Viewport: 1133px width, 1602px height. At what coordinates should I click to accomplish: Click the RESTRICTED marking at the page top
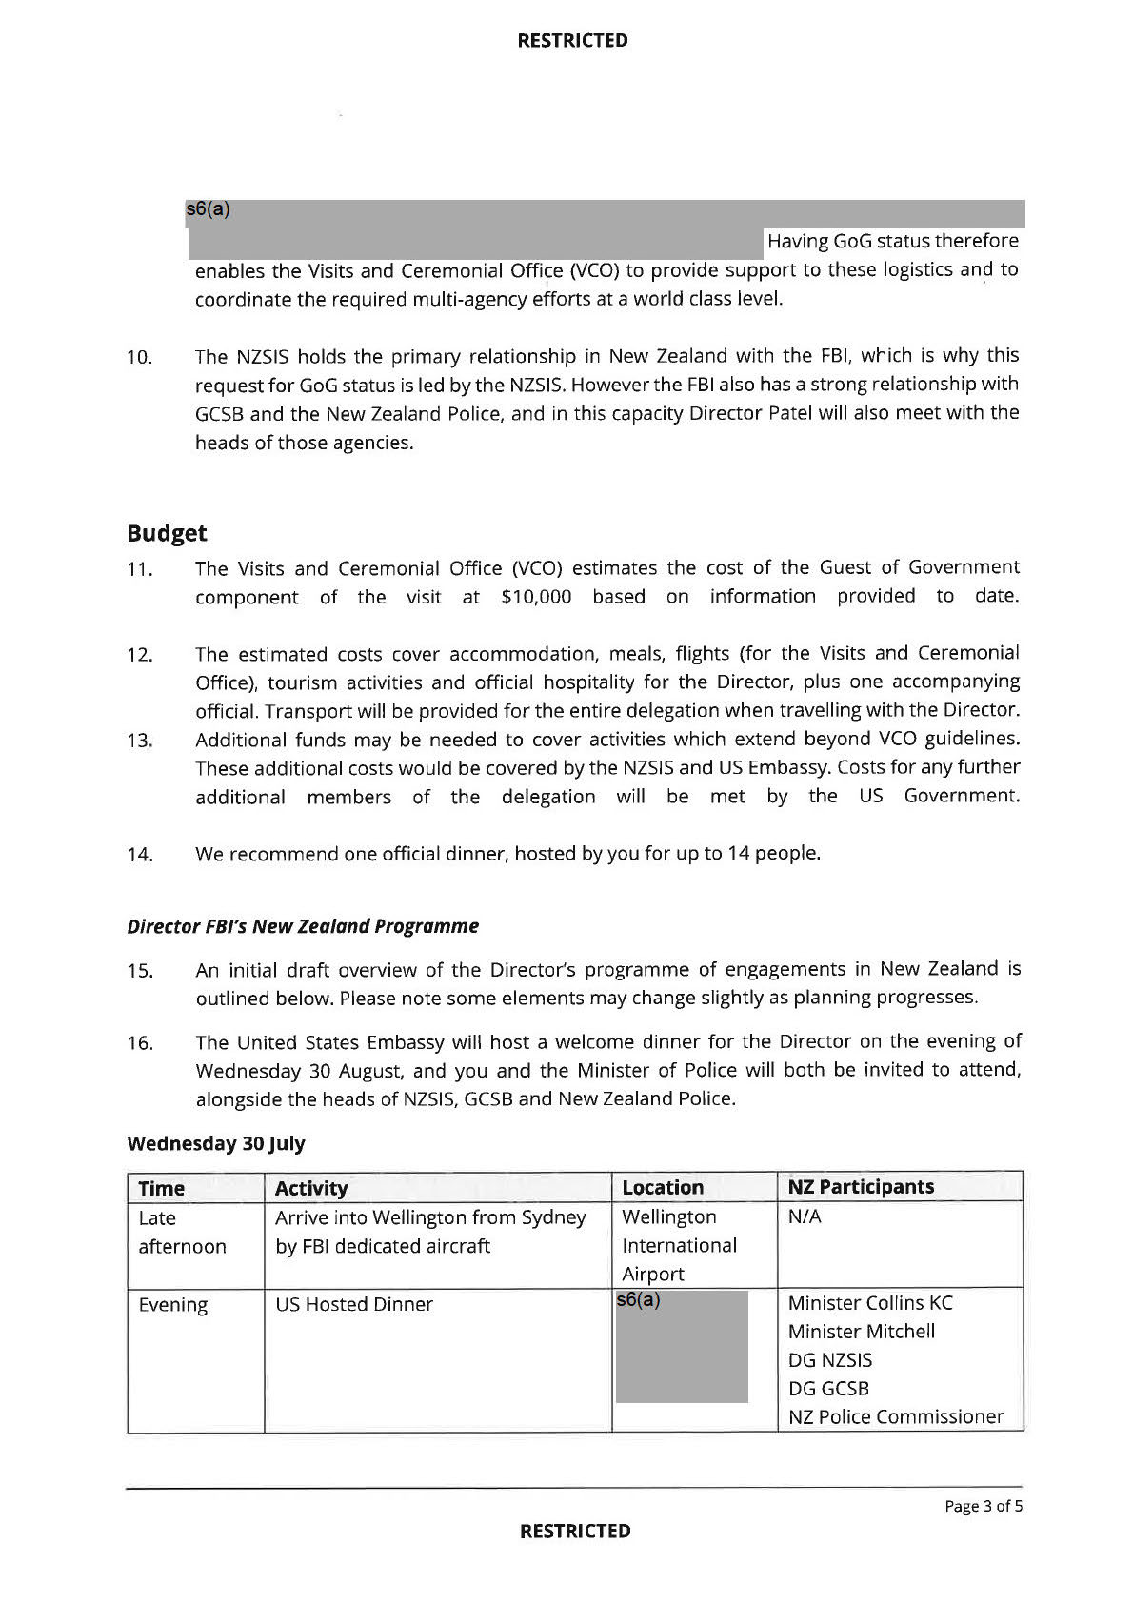click(x=572, y=40)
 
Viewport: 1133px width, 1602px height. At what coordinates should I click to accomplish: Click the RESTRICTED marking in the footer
click(x=574, y=1531)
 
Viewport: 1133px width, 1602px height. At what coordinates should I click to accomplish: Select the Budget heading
click(x=167, y=533)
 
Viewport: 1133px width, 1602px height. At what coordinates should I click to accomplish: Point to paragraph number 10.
click(x=139, y=358)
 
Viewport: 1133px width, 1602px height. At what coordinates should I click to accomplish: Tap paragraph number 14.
click(x=139, y=855)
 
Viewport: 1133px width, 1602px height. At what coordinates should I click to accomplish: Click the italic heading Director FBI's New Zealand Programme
click(x=303, y=926)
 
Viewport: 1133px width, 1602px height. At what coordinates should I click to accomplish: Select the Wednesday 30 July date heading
click(x=216, y=1143)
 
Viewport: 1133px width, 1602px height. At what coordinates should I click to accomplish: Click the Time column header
click(x=162, y=1188)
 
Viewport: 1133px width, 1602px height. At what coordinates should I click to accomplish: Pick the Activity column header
click(x=311, y=1188)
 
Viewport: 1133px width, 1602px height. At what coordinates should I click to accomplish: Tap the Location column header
click(x=663, y=1187)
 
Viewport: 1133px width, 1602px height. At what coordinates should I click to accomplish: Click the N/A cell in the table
click(x=805, y=1217)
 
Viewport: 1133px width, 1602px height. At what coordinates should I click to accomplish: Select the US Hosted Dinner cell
click(x=354, y=1304)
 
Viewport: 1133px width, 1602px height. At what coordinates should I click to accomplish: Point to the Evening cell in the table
click(x=172, y=1304)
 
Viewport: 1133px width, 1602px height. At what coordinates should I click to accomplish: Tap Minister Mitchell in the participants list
click(x=861, y=1332)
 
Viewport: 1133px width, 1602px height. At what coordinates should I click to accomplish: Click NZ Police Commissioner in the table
click(x=895, y=1416)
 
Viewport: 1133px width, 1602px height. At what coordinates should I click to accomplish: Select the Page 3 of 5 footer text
click(x=984, y=1506)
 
